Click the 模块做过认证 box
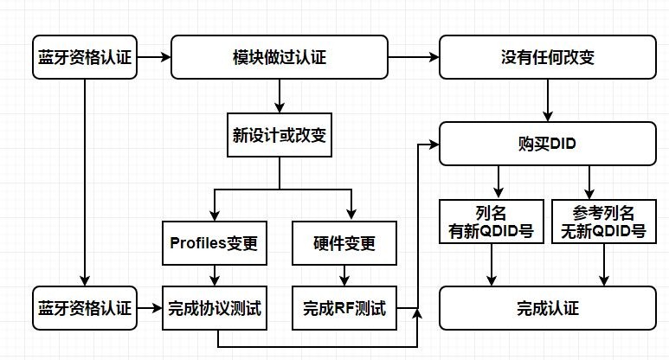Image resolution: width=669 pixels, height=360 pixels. (x=280, y=57)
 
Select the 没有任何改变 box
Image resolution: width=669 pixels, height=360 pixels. (x=547, y=57)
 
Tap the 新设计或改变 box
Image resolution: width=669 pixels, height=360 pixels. (x=280, y=135)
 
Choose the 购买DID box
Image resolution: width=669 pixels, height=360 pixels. (x=547, y=143)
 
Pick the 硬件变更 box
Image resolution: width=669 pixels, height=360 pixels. (x=344, y=243)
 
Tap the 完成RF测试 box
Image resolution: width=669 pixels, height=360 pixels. (x=344, y=307)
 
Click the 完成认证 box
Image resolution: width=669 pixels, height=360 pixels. (x=547, y=307)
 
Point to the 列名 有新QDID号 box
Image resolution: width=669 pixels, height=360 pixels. (x=492, y=221)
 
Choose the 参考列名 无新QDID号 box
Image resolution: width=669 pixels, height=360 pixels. (x=603, y=221)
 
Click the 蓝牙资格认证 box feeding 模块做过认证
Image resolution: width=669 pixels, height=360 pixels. (x=84, y=57)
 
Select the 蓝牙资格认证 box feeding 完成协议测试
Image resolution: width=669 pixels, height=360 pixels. (x=84, y=307)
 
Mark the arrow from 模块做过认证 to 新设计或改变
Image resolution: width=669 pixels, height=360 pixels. (x=280, y=96)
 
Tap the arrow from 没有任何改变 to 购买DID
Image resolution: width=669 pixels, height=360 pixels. (x=547, y=100)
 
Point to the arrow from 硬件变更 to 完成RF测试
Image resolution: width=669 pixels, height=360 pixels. (x=344, y=275)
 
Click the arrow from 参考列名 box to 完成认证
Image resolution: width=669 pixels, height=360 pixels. (x=603, y=264)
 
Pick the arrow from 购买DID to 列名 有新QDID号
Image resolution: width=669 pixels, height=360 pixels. (x=497, y=183)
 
